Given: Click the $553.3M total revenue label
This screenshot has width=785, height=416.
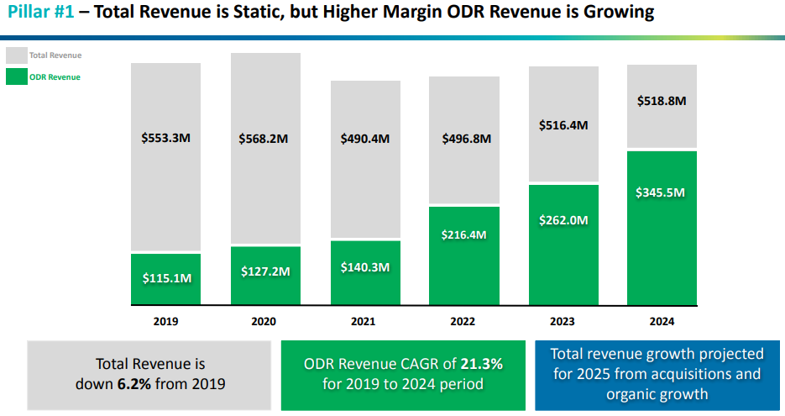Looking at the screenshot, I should (x=165, y=136).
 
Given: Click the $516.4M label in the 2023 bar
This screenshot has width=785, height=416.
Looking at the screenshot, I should (x=563, y=124).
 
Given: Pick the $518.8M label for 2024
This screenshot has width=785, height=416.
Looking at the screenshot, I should (x=662, y=100).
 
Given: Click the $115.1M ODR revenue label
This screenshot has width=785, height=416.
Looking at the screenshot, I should (x=165, y=277).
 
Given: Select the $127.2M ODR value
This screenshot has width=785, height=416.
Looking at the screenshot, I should (x=264, y=271).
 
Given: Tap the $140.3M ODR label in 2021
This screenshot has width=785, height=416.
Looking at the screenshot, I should (x=364, y=267).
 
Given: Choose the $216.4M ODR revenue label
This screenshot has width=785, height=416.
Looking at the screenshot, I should (x=464, y=234).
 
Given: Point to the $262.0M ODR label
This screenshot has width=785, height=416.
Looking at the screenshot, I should (x=563, y=220).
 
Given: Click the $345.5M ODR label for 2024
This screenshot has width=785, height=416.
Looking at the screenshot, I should (x=662, y=192).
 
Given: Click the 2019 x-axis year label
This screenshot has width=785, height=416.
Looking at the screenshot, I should (x=165, y=321).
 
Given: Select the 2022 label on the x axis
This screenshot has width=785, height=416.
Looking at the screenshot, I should (x=464, y=321).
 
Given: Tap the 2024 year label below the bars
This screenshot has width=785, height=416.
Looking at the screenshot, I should (x=662, y=321).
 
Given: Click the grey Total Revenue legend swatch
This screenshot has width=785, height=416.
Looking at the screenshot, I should (x=16, y=55).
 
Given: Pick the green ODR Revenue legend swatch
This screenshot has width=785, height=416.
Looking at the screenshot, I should (x=16, y=77).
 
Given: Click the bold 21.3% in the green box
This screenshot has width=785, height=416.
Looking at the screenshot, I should (x=482, y=364).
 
